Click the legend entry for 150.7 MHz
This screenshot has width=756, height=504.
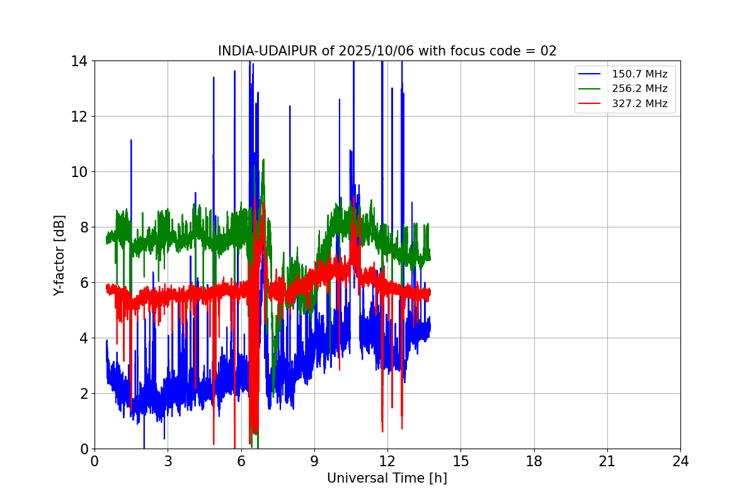coord(639,74)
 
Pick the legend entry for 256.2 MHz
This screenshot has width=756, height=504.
coord(639,89)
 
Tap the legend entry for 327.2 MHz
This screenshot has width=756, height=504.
coord(639,104)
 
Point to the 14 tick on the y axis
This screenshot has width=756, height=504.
coord(79,61)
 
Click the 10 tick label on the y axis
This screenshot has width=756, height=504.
coord(79,172)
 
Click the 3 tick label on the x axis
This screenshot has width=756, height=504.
coord(168,461)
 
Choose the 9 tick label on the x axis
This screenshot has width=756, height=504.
coord(314,461)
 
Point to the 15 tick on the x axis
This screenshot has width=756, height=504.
coord(461,461)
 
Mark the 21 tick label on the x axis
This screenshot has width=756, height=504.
coord(607,461)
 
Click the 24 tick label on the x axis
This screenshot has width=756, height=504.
coord(680,461)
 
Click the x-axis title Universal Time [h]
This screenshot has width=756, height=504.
coord(387,478)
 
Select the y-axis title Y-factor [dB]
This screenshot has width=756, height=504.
coord(59,255)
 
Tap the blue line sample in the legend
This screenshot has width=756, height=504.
coord(592,74)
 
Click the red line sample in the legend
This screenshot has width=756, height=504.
coord(592,104)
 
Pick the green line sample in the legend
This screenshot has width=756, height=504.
coord(592,89)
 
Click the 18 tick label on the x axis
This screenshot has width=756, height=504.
coord(534,461)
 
